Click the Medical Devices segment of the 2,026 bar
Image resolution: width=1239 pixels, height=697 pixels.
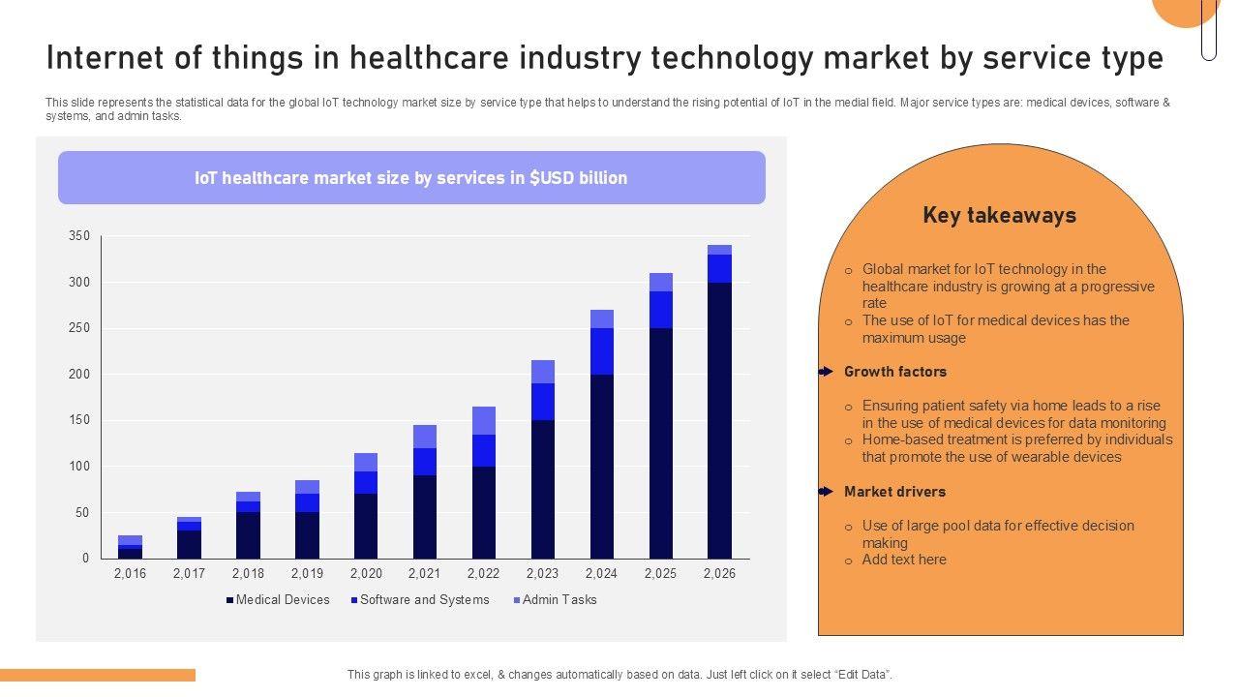click(719, 420)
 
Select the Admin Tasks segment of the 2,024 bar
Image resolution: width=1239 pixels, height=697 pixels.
click(602, 319)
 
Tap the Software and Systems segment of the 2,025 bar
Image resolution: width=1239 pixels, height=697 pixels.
click(661, 310)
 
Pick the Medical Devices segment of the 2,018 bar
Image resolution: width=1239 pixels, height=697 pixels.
click(248, 535)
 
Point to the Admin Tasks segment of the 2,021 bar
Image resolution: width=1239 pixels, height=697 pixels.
click(425, 437)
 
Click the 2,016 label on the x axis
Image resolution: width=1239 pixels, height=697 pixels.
click(131, 573)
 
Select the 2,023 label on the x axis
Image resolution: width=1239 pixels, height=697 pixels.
click(543, 573)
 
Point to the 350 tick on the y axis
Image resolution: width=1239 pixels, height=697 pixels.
click(79, 236)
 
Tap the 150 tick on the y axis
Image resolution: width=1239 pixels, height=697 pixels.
click(79, 420)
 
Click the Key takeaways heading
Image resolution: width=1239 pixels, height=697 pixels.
click(999, 215)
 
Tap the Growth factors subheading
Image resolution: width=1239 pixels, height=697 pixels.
click(895, 372)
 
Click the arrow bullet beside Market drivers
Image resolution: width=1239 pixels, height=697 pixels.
click(825, 492)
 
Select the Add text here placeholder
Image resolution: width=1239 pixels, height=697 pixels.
click(904, 560)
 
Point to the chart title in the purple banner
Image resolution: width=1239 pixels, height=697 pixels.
click(411, 178)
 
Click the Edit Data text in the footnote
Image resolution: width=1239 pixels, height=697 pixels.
click(861, 675)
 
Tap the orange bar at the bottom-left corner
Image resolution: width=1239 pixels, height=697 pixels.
click(97, 675)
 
